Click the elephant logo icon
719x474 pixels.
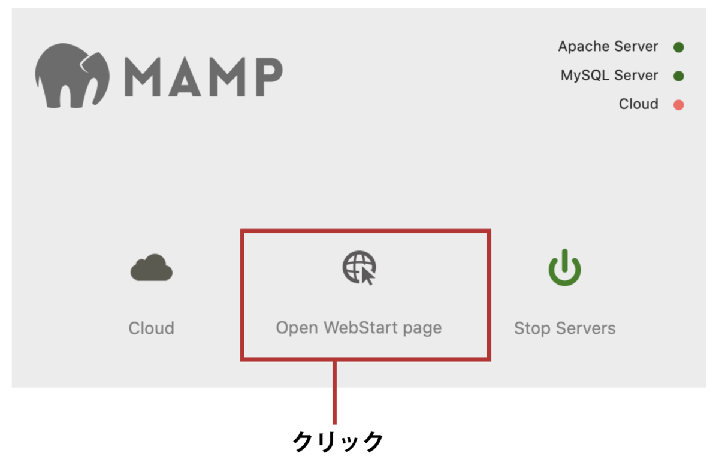coord(72,76)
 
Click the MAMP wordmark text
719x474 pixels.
coord(204,77)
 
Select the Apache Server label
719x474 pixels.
coord(608,47)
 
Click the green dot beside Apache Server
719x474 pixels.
coord(678,47)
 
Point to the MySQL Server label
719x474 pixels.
coord(609,76)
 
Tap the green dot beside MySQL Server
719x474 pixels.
coord(678,76)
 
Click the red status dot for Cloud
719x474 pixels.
coord(678,105)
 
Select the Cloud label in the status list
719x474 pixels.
coord(639,104)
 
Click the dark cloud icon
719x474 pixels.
coord(152,268)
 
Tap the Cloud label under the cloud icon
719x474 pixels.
coord(152,328)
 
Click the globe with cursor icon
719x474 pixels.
coord(359,268)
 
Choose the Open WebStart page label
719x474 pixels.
coord(359,328)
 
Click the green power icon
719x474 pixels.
coord(564,268)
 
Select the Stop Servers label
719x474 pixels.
coord(565,328)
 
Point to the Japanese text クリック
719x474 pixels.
coord(338,442)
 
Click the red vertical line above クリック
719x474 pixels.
coord(334,392)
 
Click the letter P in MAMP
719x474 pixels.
coord(269,77)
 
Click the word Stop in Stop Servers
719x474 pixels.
coord(533,328)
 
